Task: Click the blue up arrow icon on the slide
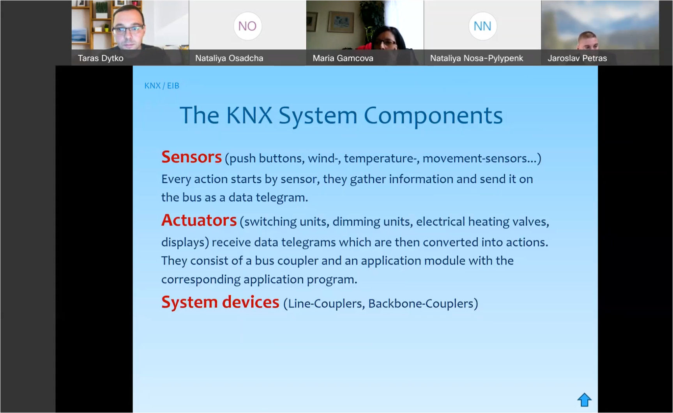click(584, 400)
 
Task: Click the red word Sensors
click(191, 157)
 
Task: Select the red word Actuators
click(199, 221)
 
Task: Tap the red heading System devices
click(220, 302)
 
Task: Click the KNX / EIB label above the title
click(162, 86)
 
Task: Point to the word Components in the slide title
click(433, 116)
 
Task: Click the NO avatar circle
click(247, 26)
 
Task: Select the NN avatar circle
click(482, 26)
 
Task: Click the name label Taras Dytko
click(101, 58)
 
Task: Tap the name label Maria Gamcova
click(343, 58)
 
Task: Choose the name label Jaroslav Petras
click(577, 58)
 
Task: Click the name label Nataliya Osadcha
click(229, 58)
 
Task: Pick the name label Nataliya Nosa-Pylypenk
click(477, 58)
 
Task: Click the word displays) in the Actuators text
click(185, 242)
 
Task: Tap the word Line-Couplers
click(324, 304)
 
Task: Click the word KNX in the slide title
click(249, 115)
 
